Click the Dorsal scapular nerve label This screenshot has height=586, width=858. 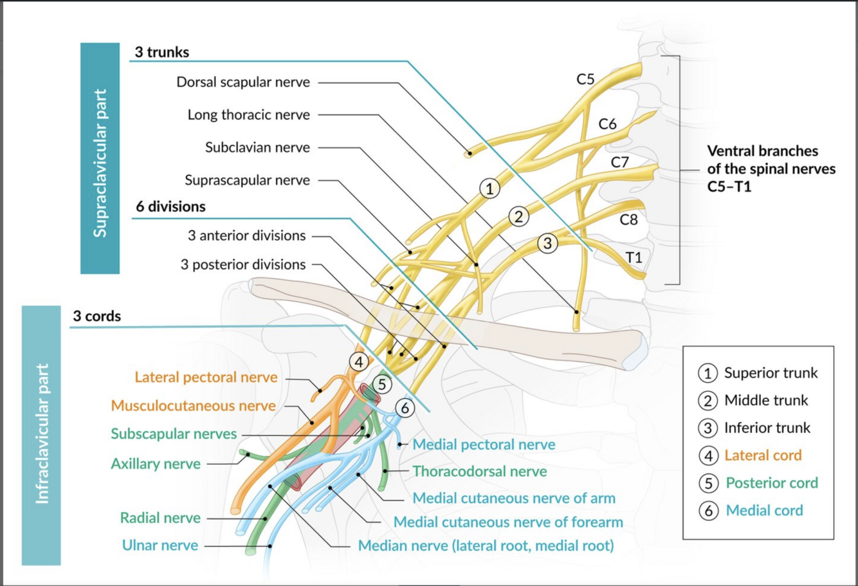pos(243,82)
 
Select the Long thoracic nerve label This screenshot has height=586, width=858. pos(248,115)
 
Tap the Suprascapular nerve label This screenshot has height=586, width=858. pos(247,180)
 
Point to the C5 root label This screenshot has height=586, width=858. pos(585,80)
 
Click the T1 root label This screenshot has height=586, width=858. pos(634,257)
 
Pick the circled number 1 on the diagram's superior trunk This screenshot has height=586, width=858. pos(489,189)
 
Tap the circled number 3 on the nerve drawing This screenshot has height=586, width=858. pos(547,243)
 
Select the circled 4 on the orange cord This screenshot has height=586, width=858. pos(359,362)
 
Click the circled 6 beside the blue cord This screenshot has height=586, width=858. pos(404,407)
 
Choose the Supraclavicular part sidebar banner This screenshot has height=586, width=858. pos(100,158)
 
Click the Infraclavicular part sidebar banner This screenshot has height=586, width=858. pos(41,435)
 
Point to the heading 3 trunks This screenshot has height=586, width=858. pos(162,53)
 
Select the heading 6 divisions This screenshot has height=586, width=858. pos(170,207)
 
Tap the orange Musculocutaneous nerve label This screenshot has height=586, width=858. pos(193,406)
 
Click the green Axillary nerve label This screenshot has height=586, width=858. pos(156,464)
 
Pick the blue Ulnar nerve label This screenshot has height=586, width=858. pos(160,545)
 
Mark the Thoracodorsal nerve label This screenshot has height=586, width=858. pos(480,472)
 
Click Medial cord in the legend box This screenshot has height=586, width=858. pos(764,511)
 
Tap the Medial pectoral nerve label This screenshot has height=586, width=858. pos(484,444)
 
